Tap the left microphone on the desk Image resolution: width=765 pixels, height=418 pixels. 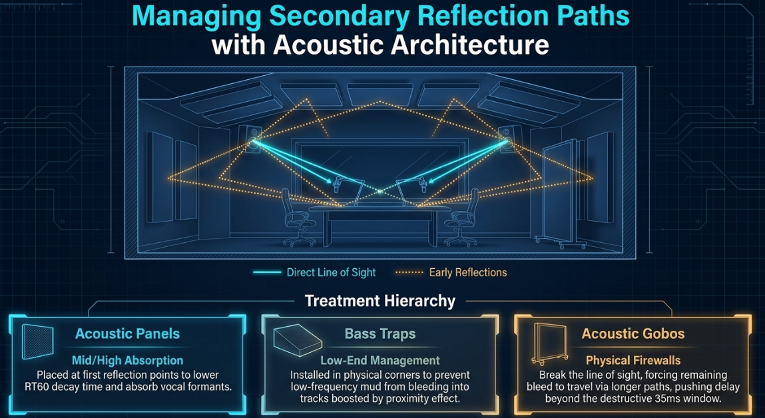click(x=338, y=187)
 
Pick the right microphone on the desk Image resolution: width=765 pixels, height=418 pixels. click(x=423, y=187)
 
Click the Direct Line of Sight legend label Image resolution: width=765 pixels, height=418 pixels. click(x=332, y=273)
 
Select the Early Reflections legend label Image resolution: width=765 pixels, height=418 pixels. click(x=468, y=273)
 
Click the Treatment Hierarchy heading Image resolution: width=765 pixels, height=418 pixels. click(x=380, y=301)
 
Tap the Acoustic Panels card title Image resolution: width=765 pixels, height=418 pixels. click(x=127, y=334)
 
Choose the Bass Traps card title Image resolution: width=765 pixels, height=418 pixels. click(x=380, y=334)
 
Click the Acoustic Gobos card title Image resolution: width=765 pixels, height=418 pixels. click(x=633, y=334)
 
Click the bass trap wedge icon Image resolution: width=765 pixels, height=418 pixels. click(x=297, y=339)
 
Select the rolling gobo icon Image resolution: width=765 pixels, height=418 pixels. click(x=549, y=344)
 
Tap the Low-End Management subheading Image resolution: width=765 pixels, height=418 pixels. click(x=380, y=361)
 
